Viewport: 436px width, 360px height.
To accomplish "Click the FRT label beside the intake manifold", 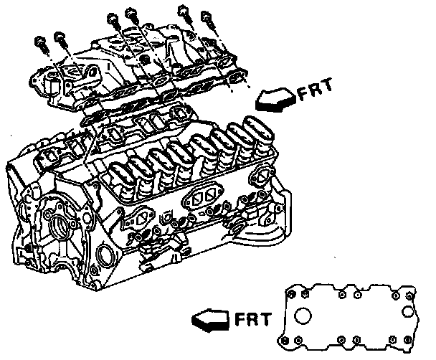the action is (316, 90).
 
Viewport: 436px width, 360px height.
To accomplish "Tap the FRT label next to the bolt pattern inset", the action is (253, 319).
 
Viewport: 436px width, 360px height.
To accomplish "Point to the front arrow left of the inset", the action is (211, 320).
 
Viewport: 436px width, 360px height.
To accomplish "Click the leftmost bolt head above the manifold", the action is (39, 42).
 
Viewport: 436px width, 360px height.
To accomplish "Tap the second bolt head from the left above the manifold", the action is (60, 37).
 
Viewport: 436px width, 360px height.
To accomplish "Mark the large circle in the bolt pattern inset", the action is (303, 316).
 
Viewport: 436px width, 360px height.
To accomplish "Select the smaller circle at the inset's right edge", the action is (408, 311).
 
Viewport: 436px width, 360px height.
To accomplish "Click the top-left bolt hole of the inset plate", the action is (291, 294).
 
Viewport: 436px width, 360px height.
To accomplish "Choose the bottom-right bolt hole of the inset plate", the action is (407, 340).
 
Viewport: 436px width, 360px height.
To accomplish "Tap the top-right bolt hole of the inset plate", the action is (409, 295).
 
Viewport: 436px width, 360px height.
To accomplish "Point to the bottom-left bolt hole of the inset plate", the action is (285, 340).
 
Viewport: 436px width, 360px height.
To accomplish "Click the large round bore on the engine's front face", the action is (60, 226).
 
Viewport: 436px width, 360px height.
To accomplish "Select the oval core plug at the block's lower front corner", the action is (103, 255).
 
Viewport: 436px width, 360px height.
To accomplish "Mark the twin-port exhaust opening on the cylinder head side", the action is (202, 195).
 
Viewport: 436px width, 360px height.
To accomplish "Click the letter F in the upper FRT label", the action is (303, 94).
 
